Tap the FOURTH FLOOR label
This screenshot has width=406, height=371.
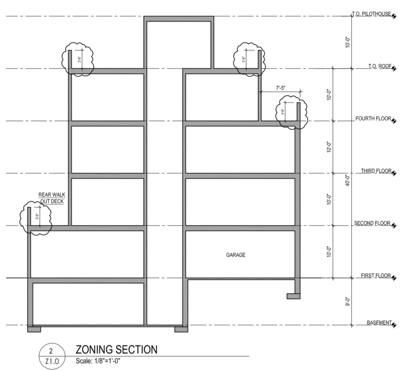pyautogui.click(x=373, y=119)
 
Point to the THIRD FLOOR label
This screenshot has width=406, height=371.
pyautogui.click(x=375, y=171)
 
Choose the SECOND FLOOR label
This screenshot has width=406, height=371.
pyautogui.click(x=373, y=223)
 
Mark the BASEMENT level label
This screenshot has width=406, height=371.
pyautogui.click(x=378, y=323)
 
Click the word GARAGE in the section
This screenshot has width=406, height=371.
pyautogui.click(x=236, y=255)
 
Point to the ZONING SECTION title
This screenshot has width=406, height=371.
pyautogui.click(x=116, y=350)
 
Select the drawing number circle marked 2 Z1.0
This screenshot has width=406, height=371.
pyautogui.click(x=50, y=355)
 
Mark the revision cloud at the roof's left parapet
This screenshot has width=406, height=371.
pyautogui.click(x=77, y=58)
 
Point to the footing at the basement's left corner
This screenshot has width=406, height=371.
pyautogui.click(x=34, y=329)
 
